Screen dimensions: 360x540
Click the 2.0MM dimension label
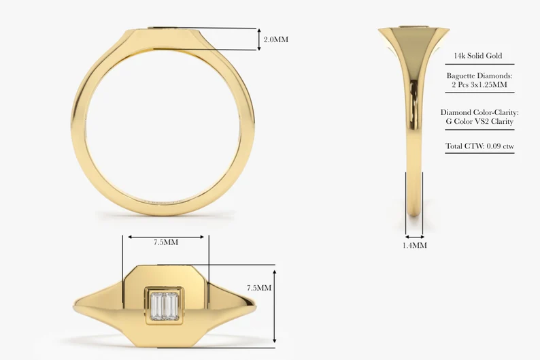(x=275, y=39)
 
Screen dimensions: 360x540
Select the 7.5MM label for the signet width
(x=165, y=242)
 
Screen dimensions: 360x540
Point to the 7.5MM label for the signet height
(x=258, y=288)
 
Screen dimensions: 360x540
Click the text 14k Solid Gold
(x=479, y=56)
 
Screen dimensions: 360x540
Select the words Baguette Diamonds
(x=479, y=76)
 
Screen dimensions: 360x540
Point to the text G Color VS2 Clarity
(x=479, y=122)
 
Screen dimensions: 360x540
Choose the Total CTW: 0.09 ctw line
(x=479, y=146)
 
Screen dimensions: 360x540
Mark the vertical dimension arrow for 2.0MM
(x=258, y=39)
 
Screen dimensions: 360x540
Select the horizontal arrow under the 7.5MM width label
(x=165, y=237)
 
